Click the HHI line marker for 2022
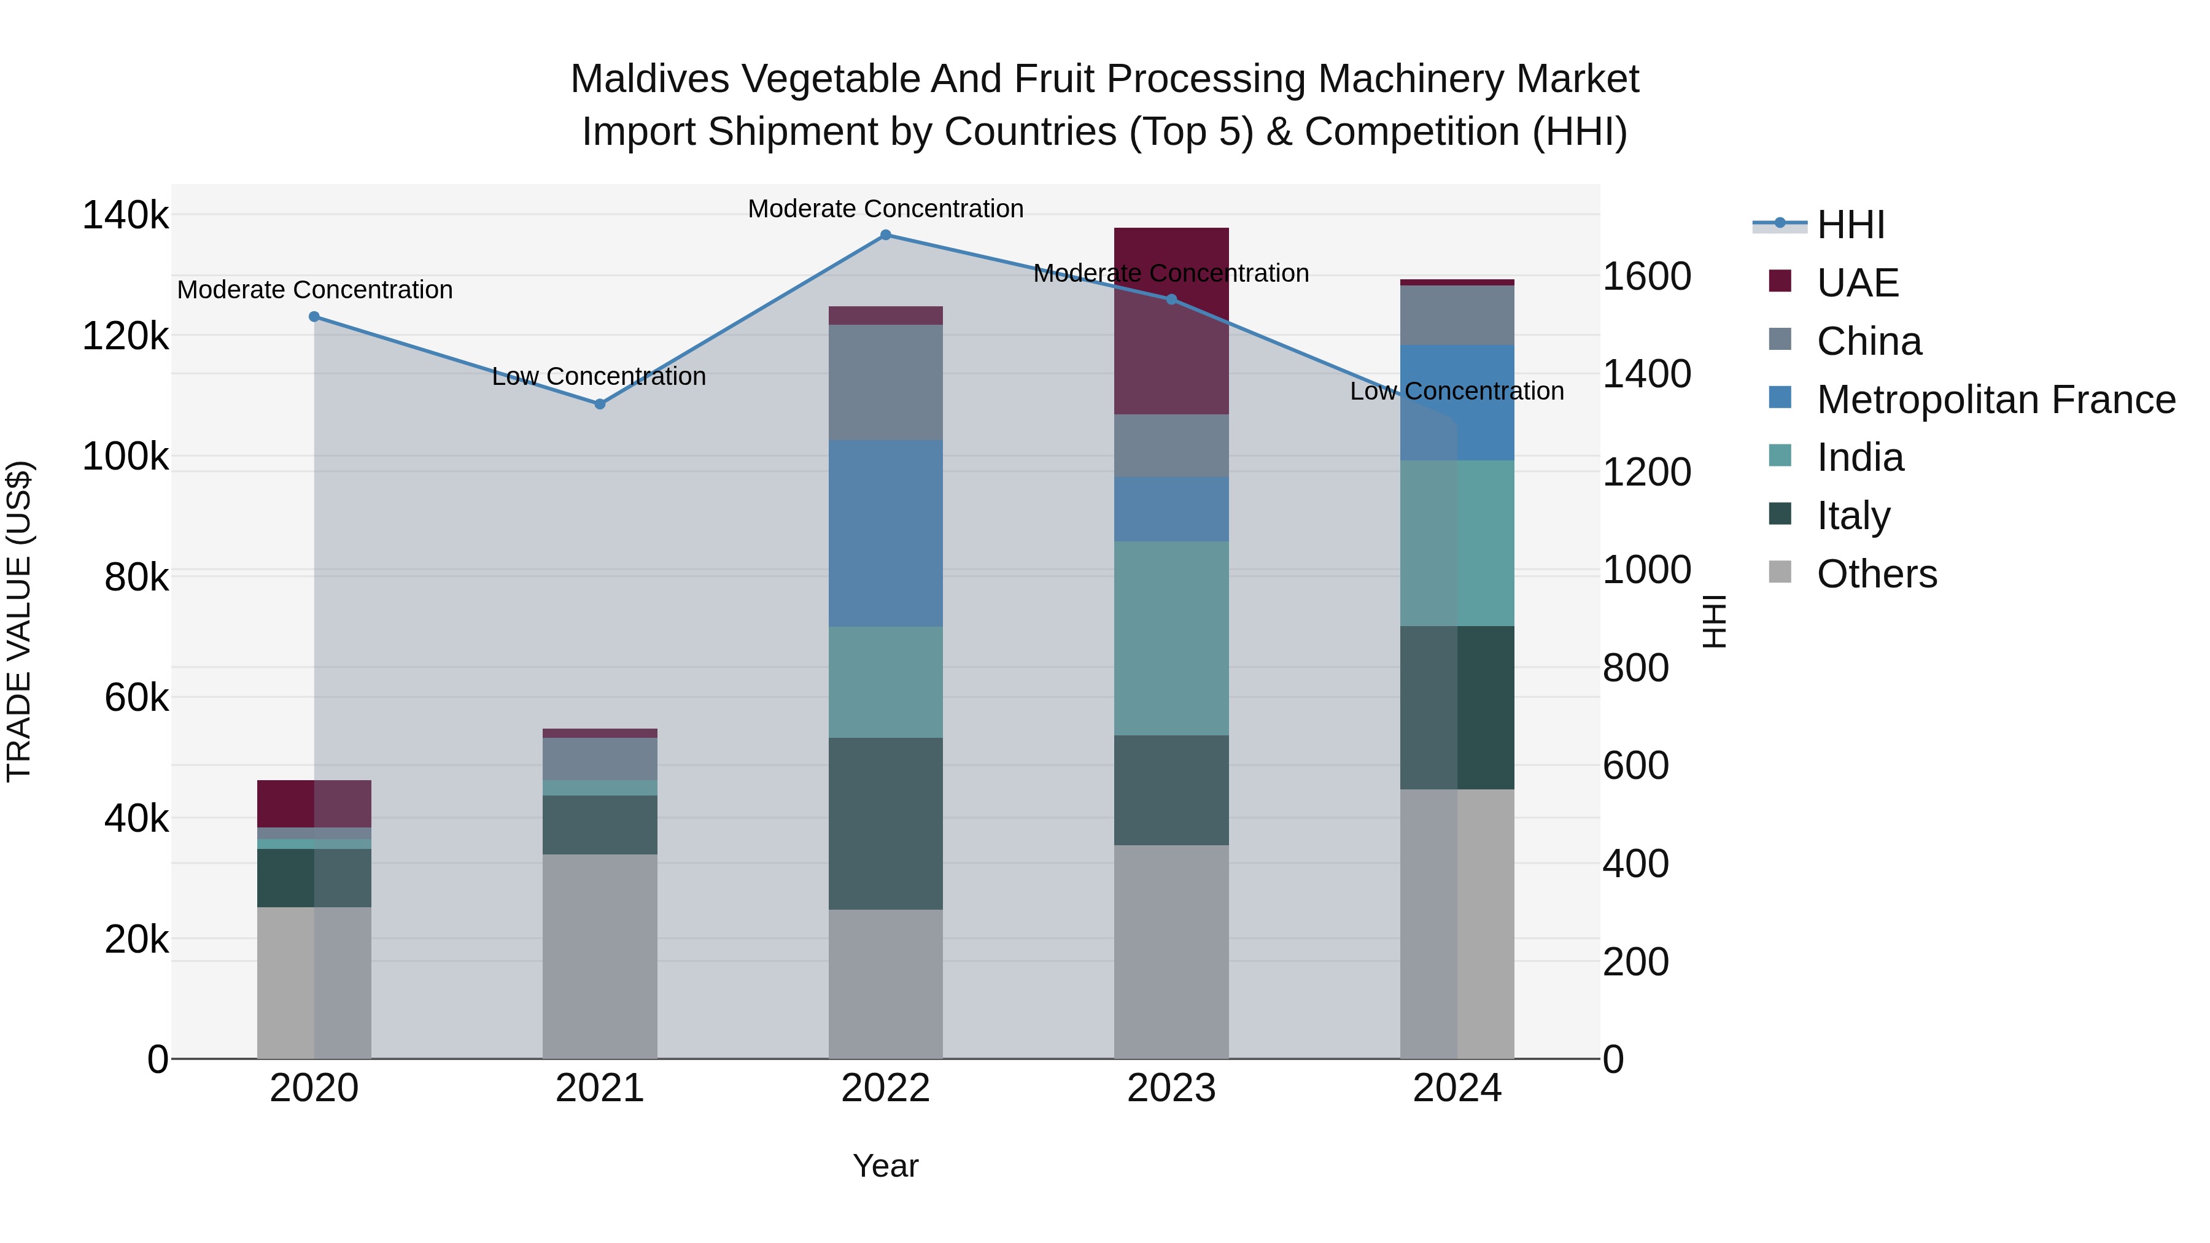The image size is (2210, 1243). (885, 235)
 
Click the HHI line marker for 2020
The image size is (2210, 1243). (314, 317)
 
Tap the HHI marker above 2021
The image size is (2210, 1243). (600, 404)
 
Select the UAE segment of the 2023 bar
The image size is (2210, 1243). (1171, 343)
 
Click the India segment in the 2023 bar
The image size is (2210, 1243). (1171, 638)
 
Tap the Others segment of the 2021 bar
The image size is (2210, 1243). (600, 956)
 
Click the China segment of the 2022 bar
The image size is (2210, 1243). (885, 382)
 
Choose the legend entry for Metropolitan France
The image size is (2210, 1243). (1996, 400)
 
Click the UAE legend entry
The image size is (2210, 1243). (1858, 283)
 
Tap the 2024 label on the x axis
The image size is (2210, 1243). (1457, 1088)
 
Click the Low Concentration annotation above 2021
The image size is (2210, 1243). (599, 377)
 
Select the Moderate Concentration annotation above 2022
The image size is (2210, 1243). (885, 209)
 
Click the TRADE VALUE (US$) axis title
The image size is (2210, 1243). (19, 621)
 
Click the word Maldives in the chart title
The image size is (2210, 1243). (649, 80)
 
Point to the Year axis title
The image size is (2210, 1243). (885, 1166)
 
